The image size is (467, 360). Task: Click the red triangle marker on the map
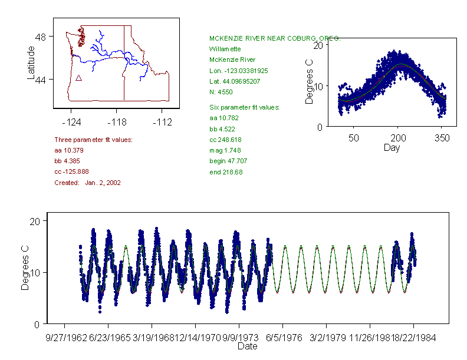(x=79, y=78)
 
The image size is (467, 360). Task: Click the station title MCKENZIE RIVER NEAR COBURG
(x=275, y=38)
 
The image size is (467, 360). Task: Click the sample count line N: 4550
(x=221, y=92)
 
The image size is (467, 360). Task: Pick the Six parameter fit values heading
(x=244, y=107)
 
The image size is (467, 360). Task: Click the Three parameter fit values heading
(x=93, y=140)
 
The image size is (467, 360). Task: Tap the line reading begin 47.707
(x=226, y=161)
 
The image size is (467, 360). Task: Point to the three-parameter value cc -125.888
(x=71, y=171)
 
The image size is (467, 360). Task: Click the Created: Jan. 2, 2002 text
(x=87, y=183)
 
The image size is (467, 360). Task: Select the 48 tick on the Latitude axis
(x=41, y=37)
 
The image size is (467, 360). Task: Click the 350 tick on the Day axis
(x=442, y=138)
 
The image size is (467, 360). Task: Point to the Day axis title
(x=391, y=147)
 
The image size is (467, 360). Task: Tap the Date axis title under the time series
(x=247, y=346)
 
